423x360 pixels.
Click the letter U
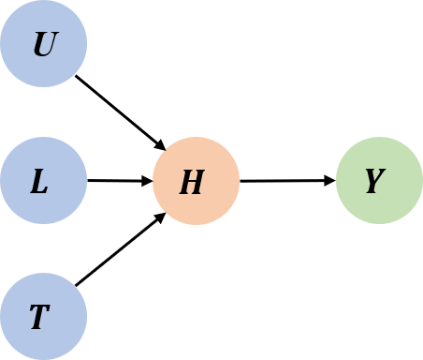(43, 45)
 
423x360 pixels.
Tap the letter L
(39, 183)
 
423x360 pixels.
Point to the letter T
(38, 319)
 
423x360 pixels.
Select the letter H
(192, 183)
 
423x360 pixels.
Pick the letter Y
(374, 182)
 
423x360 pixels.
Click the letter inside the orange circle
(192, 183)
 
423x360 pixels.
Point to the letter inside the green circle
(374, 182)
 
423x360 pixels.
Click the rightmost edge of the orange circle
(239, 181)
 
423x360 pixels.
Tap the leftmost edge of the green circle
(337, 181)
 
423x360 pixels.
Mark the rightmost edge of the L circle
(86, 181)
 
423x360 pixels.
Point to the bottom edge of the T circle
(43, 359)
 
